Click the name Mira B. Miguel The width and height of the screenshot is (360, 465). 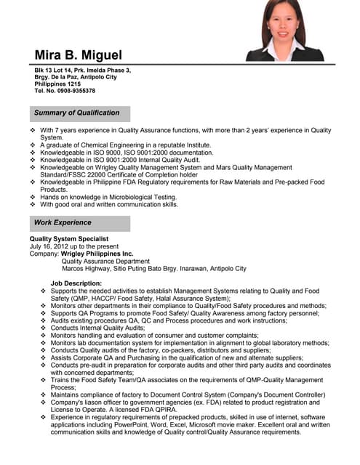[78, 55]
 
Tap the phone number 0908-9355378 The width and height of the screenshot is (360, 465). [72, 91]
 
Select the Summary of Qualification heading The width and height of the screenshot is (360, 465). [76, 113]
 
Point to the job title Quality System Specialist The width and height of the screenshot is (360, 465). [69, 239]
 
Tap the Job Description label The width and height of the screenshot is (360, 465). [76, 283]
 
